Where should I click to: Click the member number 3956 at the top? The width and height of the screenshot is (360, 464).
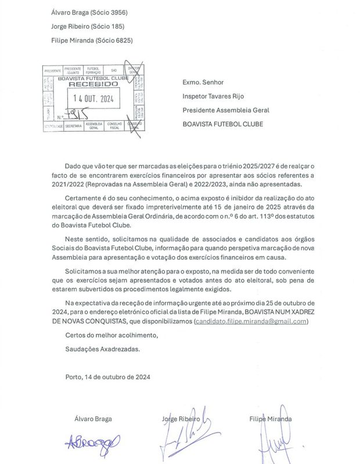(x=117, y=12)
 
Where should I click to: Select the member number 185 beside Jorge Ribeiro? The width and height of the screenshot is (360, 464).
(x=114, y=26)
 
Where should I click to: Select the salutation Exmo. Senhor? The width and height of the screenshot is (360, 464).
(x=203, y=82)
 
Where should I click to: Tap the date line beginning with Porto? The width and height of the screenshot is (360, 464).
(x=108, y=377)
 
